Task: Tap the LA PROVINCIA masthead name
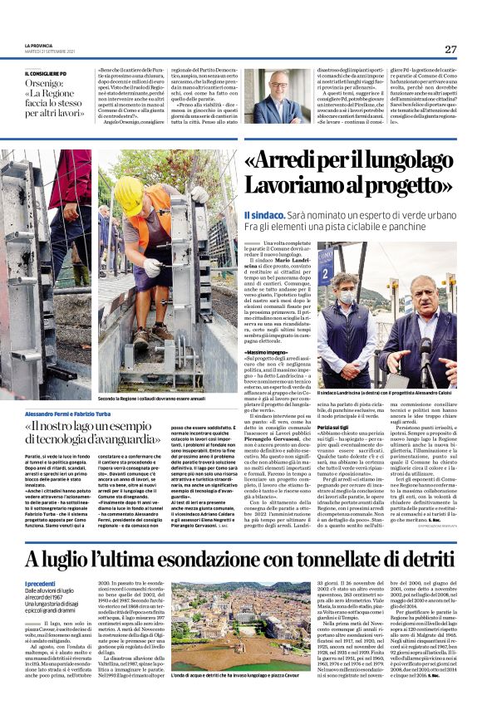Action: [39, 46]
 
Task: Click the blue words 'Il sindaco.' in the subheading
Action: [265, 214]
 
